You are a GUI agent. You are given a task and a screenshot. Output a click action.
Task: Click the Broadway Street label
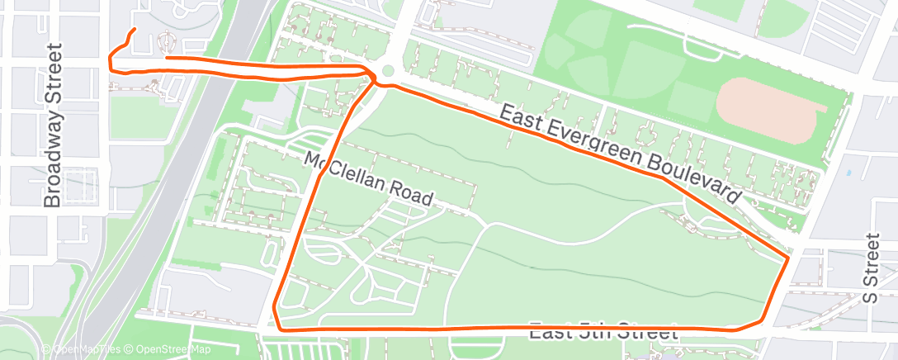tap(54, 126)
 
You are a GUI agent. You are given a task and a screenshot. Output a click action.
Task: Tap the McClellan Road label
tap(369, 179)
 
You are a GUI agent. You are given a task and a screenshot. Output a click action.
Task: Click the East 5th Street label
tap(603, 333)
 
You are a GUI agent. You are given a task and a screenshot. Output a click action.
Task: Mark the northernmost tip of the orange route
tap(134, 30)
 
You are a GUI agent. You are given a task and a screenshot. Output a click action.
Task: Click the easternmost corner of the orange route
tap(790, 258)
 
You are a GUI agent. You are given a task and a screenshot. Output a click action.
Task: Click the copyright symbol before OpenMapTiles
tap(45, 350)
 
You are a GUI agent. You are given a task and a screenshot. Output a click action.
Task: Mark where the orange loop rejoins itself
tap(373, 78)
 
